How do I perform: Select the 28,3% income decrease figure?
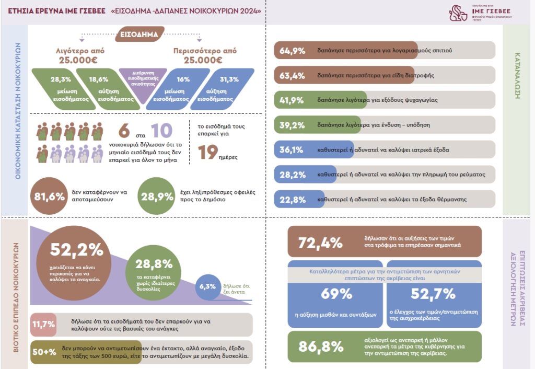pyautogui.click(x=61, y=79)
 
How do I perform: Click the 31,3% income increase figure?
pyautogui.click(x=229, y=79)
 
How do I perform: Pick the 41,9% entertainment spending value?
pyautogui.click(x=293, y=99)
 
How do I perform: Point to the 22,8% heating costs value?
pyautogui.click(x=293, y=199)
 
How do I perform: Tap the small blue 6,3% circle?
pyautogui.click(x=207, y=286)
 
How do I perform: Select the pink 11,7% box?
pyautogui.click(x=43, y=325)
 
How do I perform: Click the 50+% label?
pyautogui.click(x=44, y=352)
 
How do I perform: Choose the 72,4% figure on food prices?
pyautogui.click(x=320, y=243)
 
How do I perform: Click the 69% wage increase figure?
pyautogui.click(x=336, y=294)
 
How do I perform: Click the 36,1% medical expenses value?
pyautogui.click(x=293, y=149)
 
